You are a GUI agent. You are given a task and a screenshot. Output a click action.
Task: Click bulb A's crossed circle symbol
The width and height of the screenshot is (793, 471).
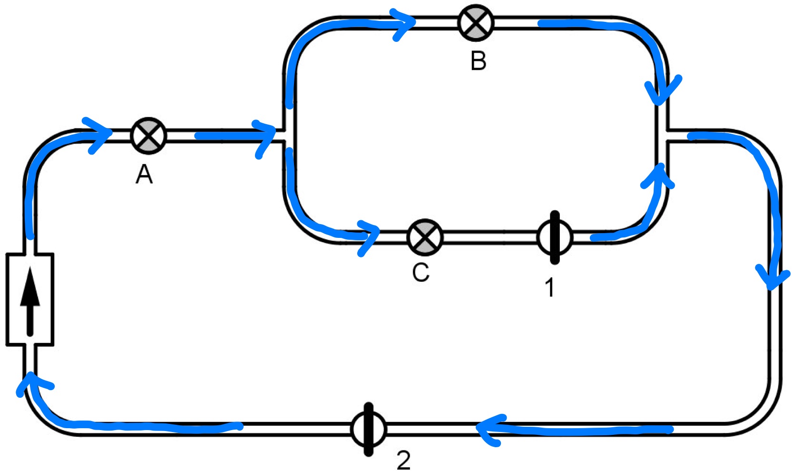coord(148,135)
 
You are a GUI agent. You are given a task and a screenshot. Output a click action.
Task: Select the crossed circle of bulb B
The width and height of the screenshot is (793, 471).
coord(476,23)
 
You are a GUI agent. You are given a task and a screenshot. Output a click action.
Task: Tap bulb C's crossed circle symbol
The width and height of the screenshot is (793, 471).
coord(425,237)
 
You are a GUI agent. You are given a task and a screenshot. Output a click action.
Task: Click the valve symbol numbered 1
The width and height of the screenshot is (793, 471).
coord(554,237)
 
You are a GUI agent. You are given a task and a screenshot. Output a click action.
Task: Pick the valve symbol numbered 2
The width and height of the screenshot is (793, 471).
coord(369,429)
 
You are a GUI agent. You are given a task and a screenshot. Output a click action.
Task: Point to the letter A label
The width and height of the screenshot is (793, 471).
coord(144,175)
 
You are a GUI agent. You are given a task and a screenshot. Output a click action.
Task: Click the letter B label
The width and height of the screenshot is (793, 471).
coord(478,61)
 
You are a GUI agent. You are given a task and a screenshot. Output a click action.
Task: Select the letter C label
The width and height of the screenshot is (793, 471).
coord(421,273)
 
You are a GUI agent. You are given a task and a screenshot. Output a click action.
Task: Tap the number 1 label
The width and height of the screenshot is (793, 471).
coord(549,287)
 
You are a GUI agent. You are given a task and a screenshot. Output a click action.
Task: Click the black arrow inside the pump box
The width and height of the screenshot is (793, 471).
coord(30,300)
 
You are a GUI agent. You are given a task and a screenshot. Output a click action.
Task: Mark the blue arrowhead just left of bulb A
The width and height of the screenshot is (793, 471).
coord(101,134)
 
